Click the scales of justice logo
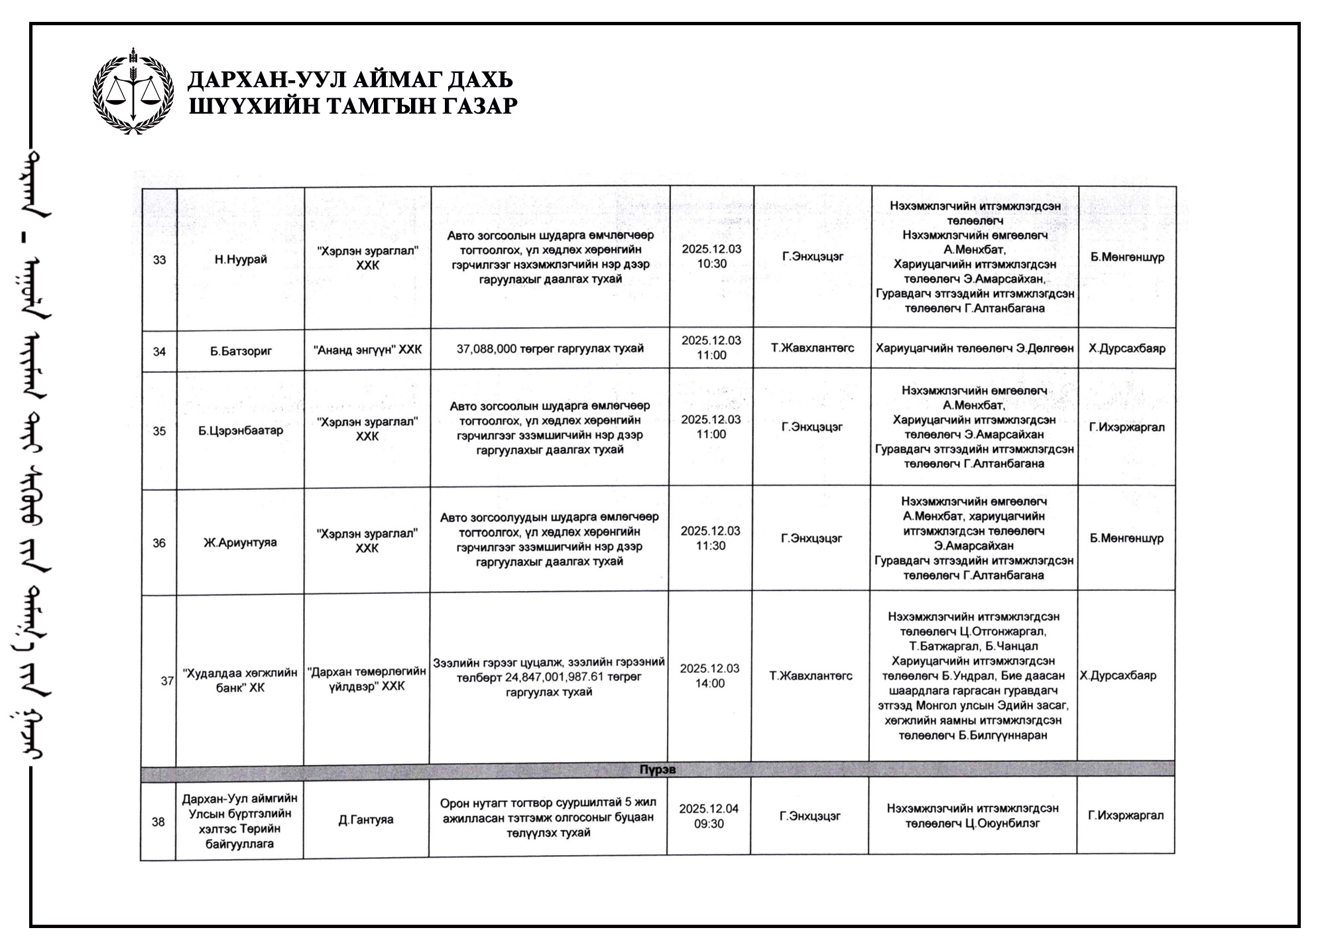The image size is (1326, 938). coord(133,91)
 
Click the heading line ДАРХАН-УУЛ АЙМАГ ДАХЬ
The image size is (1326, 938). coord(350,80)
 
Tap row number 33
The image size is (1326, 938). coord(159,260)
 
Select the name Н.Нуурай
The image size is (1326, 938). coord(241,259)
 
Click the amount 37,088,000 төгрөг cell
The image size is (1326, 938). coord(550,349)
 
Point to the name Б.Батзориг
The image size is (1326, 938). coord(241,351)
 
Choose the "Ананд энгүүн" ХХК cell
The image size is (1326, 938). coord(367,350)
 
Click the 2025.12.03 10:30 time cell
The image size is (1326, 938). coord(711,256)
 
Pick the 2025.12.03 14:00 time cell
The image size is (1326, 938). coord(709,676)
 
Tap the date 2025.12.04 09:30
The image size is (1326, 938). coord(708,816)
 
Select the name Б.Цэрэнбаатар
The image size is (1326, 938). coord(241,431)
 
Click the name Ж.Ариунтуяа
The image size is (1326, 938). coord(240,543)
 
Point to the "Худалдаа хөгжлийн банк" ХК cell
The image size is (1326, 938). coord(240,681)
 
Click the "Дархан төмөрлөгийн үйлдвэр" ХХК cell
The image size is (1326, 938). coord(367,679)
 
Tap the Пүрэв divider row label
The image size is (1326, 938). coord(657,770)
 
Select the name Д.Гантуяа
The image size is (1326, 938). coord(366,820)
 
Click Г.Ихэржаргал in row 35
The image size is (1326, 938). coord(1126,427)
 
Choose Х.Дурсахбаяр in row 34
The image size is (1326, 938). coord(1126,348)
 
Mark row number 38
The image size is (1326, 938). coord(158,823)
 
